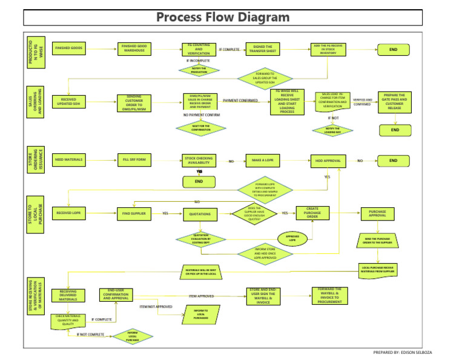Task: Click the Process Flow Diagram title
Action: click(x=223, y=16)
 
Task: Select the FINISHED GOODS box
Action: click(x=68, y=48)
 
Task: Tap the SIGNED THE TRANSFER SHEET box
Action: click(x=261, y=48)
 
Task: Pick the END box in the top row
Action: click(x=394, y=50)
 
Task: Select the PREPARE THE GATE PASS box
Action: click(x=395, y=102)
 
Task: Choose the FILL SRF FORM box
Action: click(x=135, y=161)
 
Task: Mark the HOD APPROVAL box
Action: click(x=328, y=161)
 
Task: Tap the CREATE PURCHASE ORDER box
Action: click(x=312, y=213)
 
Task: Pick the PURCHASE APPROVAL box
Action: click(x=378, y=213)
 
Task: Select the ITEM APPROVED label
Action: click(x=201, y=296)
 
